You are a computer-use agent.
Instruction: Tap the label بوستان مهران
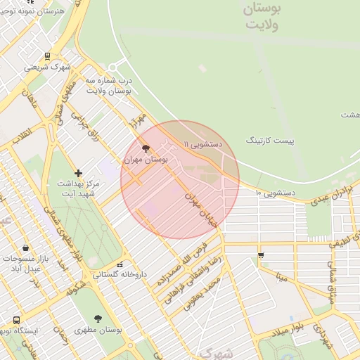(x=146, y=160)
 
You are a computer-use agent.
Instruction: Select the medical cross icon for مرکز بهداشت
(x=78, y=173)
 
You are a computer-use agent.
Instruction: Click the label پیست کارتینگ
(x=270, y=141)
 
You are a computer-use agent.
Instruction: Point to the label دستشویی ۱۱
(x=202, y=143)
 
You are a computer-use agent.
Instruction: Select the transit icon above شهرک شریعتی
(x=47, y=56)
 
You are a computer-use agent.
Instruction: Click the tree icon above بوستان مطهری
(x=98, y=319)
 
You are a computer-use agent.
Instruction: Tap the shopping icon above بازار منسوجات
(x=26, y=247)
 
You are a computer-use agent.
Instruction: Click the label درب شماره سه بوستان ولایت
(x=110, y=86)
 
